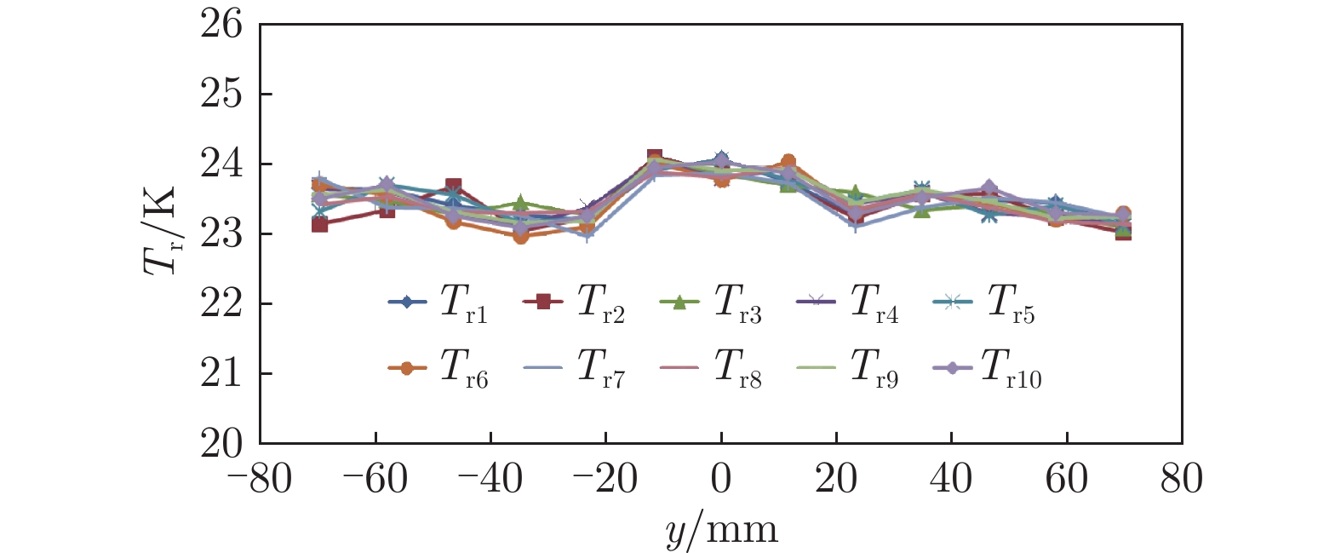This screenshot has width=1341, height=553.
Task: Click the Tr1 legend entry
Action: click(438, 303)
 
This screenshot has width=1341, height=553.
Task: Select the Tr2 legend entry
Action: click(575, 303)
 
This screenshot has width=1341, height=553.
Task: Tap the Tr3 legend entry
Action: click(711, 303)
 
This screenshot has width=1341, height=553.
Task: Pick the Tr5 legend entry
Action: click(984, 303)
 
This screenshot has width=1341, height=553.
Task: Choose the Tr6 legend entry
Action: click(438, 369)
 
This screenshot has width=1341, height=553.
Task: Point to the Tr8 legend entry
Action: click(711, 369)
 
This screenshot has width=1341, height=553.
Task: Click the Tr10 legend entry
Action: click(988, 369)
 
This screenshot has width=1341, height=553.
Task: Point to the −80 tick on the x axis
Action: click(260, 479)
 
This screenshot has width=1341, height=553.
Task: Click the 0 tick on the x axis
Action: click(721, 479)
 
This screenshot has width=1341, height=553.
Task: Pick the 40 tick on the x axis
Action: click(951, 479)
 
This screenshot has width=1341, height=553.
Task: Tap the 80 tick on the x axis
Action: click(1182, 479)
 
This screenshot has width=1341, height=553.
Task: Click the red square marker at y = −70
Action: click(319, 224)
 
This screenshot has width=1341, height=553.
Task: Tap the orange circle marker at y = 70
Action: click(1123, 213)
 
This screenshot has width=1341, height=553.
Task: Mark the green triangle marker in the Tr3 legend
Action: click(679, 302)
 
